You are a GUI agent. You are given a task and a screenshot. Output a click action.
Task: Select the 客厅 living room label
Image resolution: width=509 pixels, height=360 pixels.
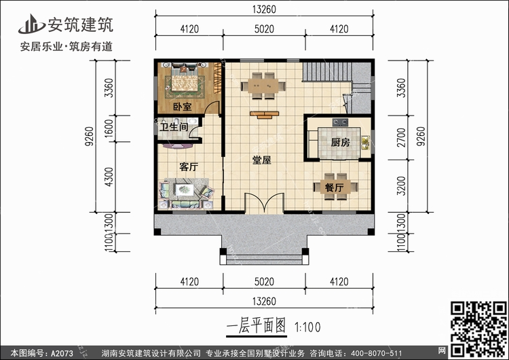pyautogui.click(x=188, y=166)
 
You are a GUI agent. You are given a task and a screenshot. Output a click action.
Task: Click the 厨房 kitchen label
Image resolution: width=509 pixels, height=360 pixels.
pyautogui.click(x=341, y=143)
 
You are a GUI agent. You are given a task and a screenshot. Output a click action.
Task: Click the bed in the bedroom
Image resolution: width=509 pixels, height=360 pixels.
pyautogui.click(x=183, y=81)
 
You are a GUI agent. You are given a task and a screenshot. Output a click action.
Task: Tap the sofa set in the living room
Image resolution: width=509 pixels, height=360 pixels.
pyautogui.click(x=182, y=193)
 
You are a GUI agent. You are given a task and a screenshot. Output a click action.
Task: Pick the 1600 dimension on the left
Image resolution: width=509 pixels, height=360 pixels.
pyautogui.click(x=109, y=127)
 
